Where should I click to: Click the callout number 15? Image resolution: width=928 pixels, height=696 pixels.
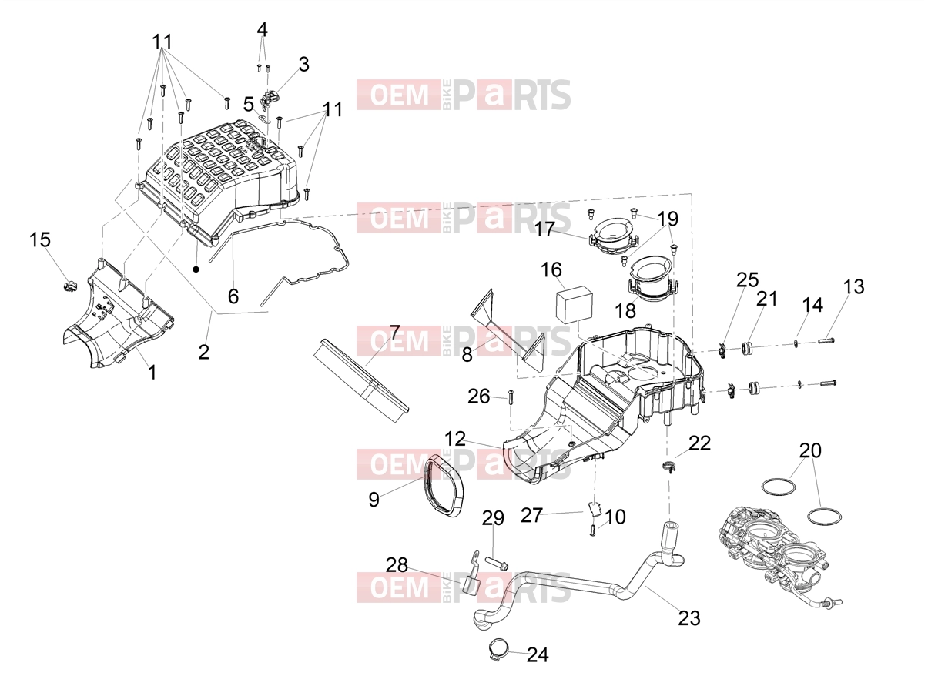(x=40, y=239)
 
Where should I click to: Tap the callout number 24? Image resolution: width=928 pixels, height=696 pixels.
(x=538, y=654)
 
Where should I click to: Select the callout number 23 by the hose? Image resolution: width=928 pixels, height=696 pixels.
(x=689, y=617)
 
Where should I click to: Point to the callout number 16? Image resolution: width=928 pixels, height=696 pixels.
(x=551, y=269)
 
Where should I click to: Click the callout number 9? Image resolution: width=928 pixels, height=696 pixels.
(x=374, y=499)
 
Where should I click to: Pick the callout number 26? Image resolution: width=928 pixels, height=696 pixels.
(x=478, y=396)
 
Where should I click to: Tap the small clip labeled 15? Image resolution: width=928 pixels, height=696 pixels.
(x=70, y=286)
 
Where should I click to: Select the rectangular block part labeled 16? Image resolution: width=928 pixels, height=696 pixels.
(x=575, y=303)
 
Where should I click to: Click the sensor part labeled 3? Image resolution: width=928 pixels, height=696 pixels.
(x=270, y=101)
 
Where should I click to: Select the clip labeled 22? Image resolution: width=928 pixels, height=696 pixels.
(x=668, y=467)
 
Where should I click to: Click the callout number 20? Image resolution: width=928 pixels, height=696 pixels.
(x=810, y=450)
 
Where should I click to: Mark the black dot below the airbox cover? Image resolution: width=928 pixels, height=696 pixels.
(x=196, y=269)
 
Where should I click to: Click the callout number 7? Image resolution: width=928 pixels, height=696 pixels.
(x=394, y=333)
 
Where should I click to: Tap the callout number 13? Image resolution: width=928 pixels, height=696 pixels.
(x=853, y=286)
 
